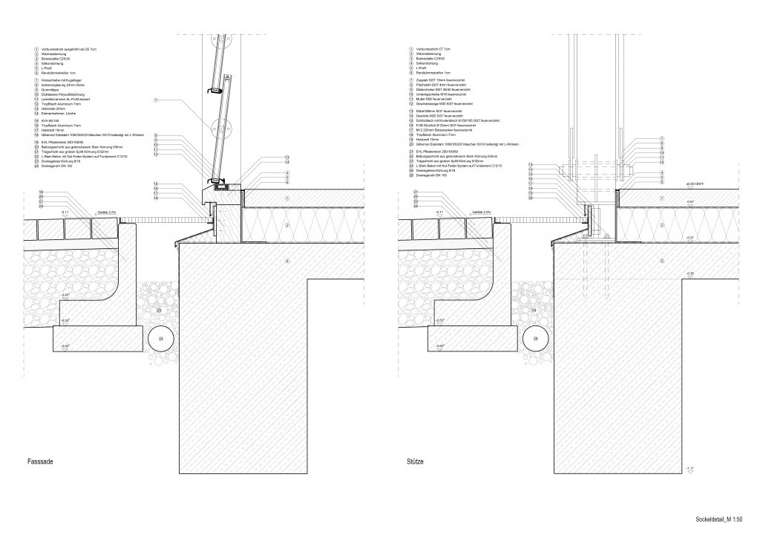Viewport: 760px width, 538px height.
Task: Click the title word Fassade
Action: [31, 462]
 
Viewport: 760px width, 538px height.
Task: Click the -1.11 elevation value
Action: [690, 467]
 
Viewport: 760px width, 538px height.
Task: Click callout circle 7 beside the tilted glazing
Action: [156, 100]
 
